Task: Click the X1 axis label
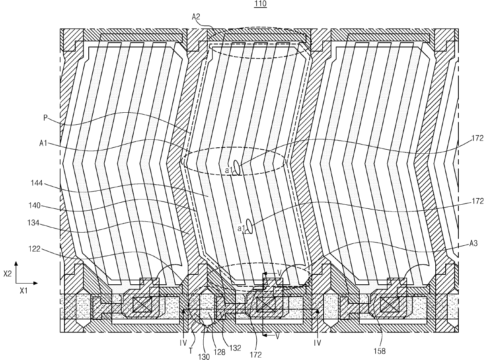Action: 24,291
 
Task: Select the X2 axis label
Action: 7,274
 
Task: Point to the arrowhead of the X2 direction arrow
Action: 16,263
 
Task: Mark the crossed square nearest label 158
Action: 388,305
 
